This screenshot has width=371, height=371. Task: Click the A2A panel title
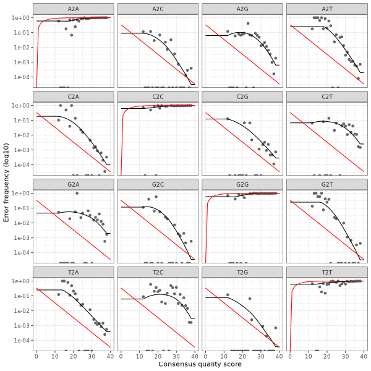(74, 8)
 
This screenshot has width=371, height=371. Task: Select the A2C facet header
(158, 8)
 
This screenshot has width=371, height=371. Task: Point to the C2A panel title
(74, 96)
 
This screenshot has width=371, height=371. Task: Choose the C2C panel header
(158, 96)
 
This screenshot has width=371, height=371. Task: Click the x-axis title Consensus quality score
(200, 364)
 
